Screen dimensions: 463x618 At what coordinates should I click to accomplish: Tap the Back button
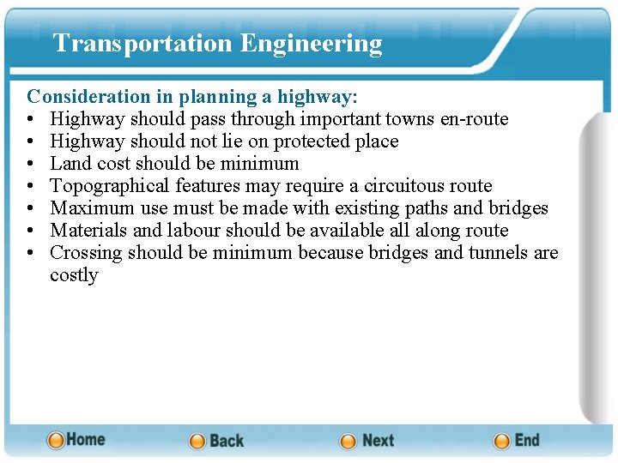(x=216, y=441)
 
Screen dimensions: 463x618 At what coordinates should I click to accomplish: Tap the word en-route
(x=475, y=119)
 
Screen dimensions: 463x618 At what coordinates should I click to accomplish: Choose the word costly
(x=74, y=275)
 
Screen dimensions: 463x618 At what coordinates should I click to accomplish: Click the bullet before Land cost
(x=31, y=164)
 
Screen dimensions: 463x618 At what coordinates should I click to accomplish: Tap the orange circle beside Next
(x=348, y=442)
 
